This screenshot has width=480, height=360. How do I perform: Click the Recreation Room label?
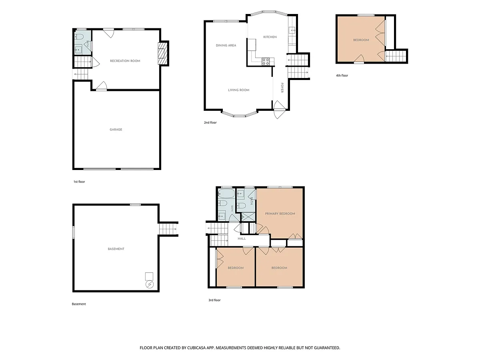pyautogui.click(x=125, y=61)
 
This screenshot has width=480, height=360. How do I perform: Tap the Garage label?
pyautogui.click(x=116, y=130)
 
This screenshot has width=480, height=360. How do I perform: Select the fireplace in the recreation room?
pyautogui.click(x=161, y=54)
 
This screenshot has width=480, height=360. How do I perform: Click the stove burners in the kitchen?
pyautogui.click(x=266, y=62)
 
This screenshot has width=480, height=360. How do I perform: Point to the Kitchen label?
pyautogui.click(x=270, y=37)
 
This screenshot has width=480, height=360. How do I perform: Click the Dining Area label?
pyautogui.click(x=226, y=46)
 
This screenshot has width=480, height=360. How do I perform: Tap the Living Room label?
pyautogui.click(x=238, y=90)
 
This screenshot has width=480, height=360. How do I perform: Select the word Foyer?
pyautogui.click(x=282, y=88)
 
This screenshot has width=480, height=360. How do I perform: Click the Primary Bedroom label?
pyautogui.click(x=280, y=214)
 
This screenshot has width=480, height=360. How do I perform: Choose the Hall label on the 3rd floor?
pyautogui.click(x=242, y=238)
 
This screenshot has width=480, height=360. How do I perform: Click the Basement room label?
pyautogui.click(x=116, y=249)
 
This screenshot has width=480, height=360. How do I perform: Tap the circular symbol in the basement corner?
pyautogui.click(x=150, y=284)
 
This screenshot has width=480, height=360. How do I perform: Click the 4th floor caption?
pyautogui.click(x=342, y=76)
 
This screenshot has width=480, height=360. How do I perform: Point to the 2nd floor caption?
pyautogui.click(x=210, y=122)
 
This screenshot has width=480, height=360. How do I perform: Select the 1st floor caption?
pyautogui.click(x=79, y=182)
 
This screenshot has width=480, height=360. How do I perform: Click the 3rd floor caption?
pyautogui.click(x=214, y=300)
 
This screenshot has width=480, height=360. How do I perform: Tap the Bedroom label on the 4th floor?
pyautogui.click(x=361, y=40)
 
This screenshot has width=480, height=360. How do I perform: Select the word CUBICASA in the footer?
pyautogui.click(x=196, y=348)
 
